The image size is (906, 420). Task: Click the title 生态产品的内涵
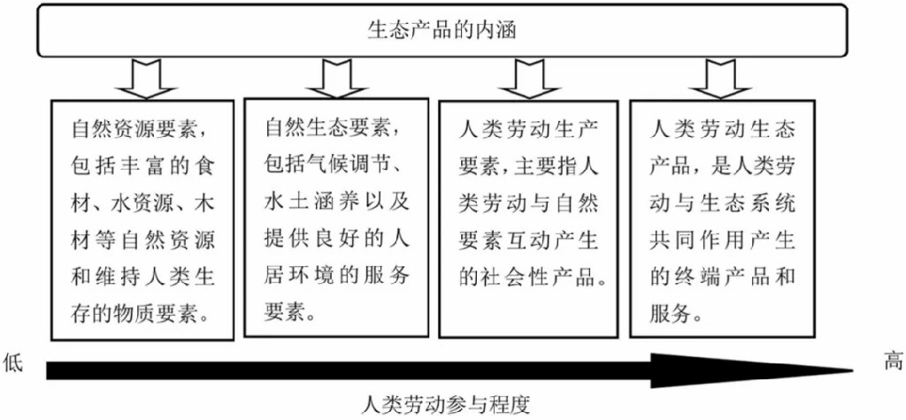coord(442,30)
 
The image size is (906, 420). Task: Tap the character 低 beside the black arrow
coord(13,364)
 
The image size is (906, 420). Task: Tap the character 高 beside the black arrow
coord(892,362)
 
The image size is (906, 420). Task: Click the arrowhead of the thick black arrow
coord(751,370)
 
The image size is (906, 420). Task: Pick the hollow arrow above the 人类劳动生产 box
coord(529,80)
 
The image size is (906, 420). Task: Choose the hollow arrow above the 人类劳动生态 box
coord(720,80)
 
